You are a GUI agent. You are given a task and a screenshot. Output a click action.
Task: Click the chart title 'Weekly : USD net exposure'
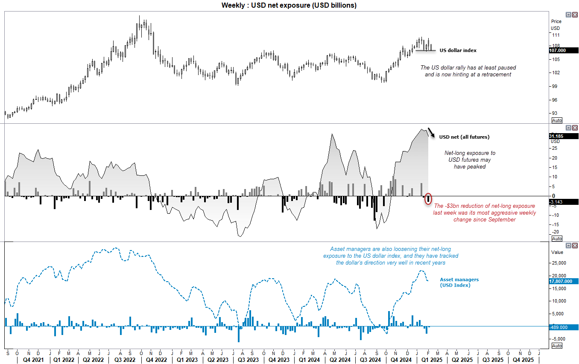(289, 5)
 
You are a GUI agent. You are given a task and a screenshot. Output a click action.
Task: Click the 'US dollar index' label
(458, 50)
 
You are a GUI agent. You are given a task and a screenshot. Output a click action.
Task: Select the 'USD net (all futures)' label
(464, 137)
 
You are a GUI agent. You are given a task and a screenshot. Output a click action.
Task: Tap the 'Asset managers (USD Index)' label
(459, 282)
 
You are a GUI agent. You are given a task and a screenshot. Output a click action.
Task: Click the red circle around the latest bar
(429, 198)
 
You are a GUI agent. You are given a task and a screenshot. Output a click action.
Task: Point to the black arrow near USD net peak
(432, 132)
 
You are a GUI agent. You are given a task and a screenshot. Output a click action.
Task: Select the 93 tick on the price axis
(555, 113)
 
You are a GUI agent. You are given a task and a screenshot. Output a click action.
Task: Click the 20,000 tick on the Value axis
(559, 276)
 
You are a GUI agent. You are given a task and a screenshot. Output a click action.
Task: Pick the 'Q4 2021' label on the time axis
(28, 359)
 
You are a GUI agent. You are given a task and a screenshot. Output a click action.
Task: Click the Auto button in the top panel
(557, 120)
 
